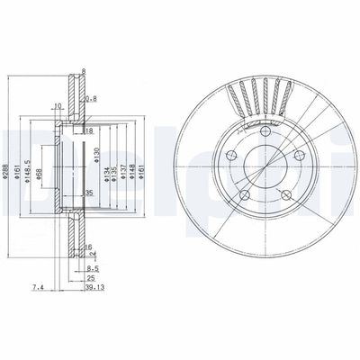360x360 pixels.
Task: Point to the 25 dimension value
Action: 91,279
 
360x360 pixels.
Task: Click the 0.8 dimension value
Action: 91,98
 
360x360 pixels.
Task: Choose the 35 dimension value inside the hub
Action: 89,193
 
